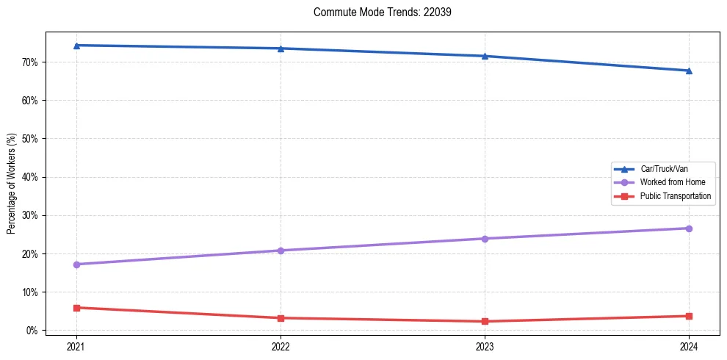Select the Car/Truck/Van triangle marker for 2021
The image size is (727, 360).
pyautogui.click(x=76, y=46)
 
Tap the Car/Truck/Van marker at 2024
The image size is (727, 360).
pyautogui.click(x=689, y=71)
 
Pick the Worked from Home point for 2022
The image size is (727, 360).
pyautogui.click(x=281, y=251)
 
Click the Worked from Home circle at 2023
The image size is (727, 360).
pyautogui.click(x=485, y=239)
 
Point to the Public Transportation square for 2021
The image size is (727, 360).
pyautogui.click(x=76, y=308)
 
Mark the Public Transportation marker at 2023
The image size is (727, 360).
pyautogui.click(x=485, y=321)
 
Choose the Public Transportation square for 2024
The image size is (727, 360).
pyautogui.click(x=689, y=316)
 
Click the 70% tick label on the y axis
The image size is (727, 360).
pyautogui.click(x=30, y=62)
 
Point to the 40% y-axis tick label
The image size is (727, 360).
pyautogui.click(x=30, y=177)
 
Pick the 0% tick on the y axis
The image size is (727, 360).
pyautogui.click(x=32, y=331)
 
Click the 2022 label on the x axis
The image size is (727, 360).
pyautogui.click(x=281, y=346)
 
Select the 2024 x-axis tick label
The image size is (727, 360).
pyautogui.click(x=689, y=346)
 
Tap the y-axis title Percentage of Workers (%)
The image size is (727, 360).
pyautogui.click(x=12, y=184)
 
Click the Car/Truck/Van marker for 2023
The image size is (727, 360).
pyautogui.click(x=485, y=56)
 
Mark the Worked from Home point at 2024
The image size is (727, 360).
pyautogui.click(x=689, y=228)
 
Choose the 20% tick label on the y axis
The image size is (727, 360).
pyautogui.click(x=30, y=254)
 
